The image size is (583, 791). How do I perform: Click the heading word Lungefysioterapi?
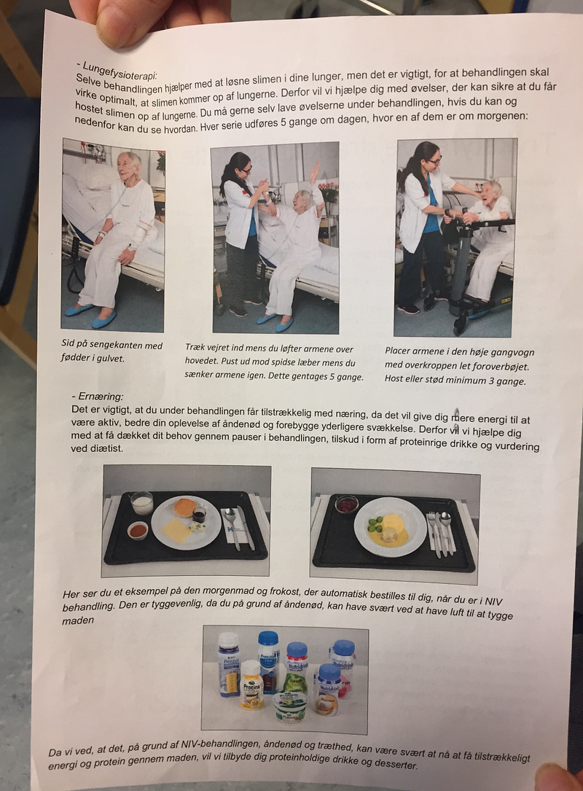[x=120, y=71]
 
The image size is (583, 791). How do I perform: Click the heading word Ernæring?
[x=101, y=397]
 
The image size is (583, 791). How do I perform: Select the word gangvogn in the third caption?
[x=514, y=353]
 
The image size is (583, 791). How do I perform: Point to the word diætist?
[x=96, y=448]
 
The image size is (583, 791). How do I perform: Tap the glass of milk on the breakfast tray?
[x=141, y=503]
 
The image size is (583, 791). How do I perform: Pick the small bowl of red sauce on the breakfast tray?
[x=137, y=531]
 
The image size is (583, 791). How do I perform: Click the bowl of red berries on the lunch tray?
[x=346, y=504]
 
